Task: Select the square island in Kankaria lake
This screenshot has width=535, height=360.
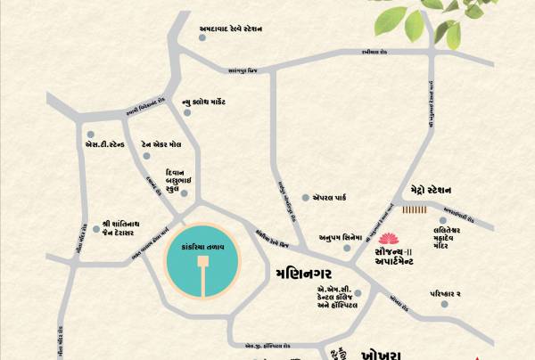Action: pos(203,262)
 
